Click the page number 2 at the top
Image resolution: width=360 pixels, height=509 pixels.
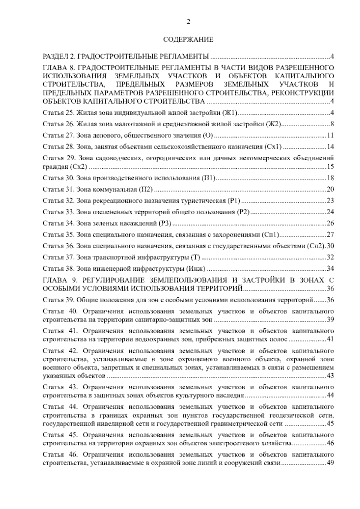click(188, 22)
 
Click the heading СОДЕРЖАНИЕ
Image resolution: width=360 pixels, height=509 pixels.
click(188, 39)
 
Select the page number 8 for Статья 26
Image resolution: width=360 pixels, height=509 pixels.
click(332, 124)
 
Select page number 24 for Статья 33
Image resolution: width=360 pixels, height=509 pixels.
click(330, 212)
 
